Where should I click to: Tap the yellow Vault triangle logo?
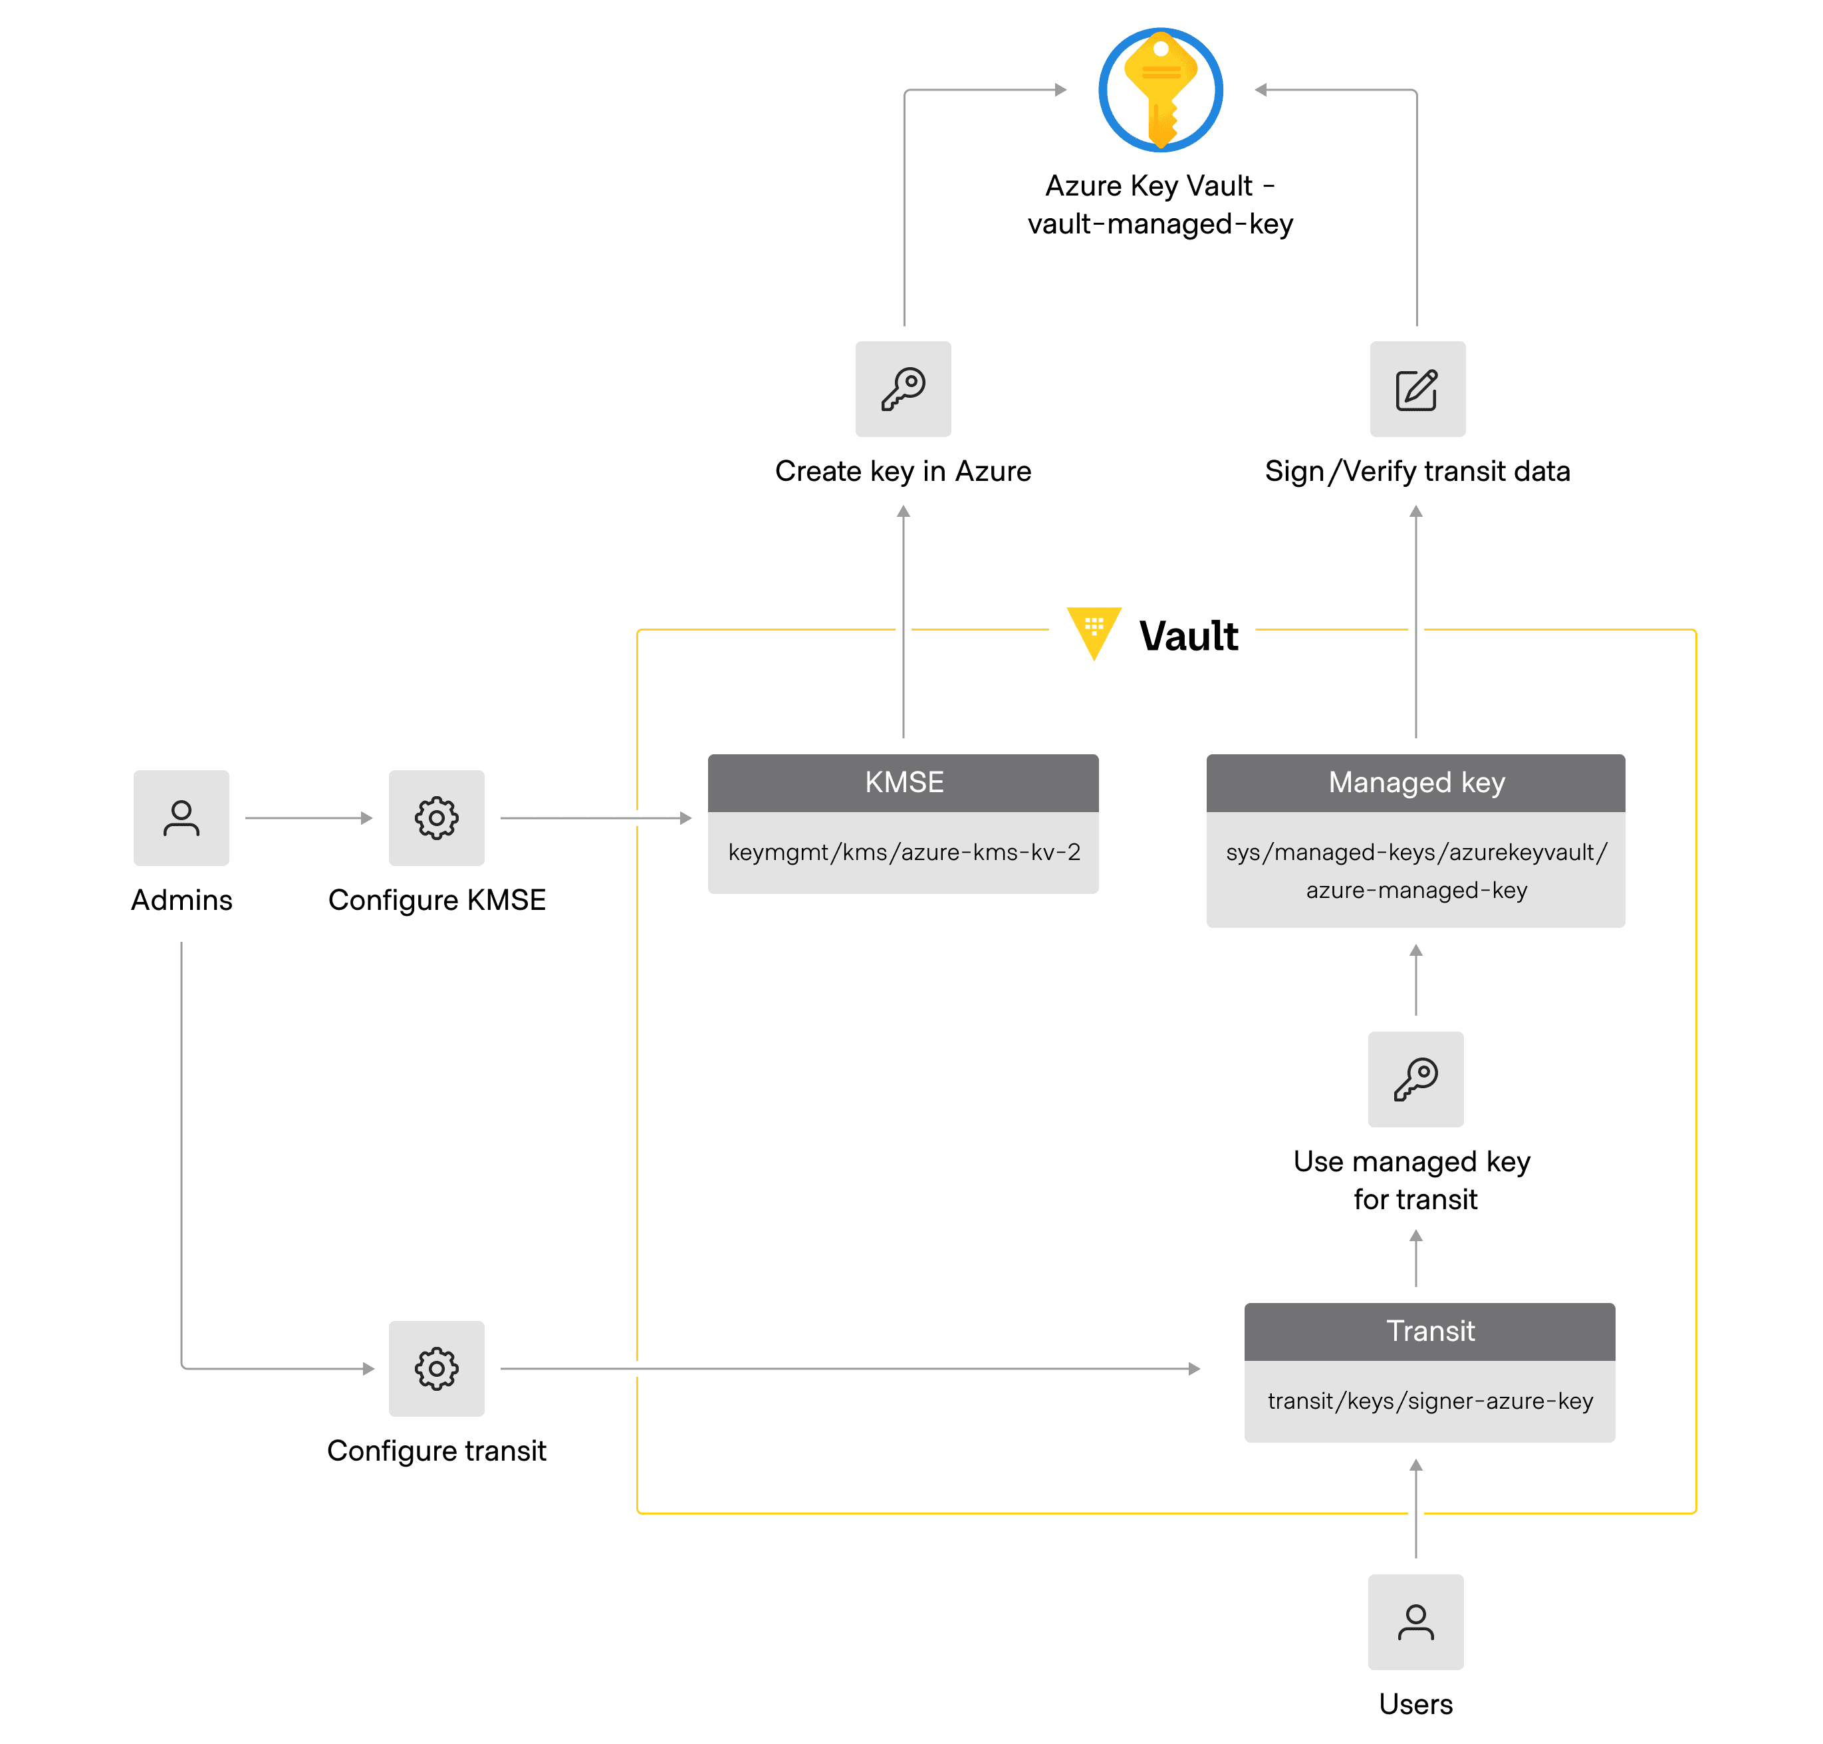coord(1094,631)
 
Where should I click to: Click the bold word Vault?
coord(1187,636)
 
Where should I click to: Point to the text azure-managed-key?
coord(1415,890)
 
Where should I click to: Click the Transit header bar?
coord(1429,1330)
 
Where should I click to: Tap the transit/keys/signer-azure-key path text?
coord(1429,1400)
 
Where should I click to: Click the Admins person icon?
coord(182,817)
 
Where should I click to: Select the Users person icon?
coord(1414,1622)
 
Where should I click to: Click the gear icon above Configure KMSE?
coord(435,817)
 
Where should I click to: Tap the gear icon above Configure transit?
coord(435,1368)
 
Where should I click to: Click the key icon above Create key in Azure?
coord(902,388)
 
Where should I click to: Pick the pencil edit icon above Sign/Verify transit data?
coord(1416,388)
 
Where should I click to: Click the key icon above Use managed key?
coord(1414,1078)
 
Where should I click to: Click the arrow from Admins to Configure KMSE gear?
coord(308,817)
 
